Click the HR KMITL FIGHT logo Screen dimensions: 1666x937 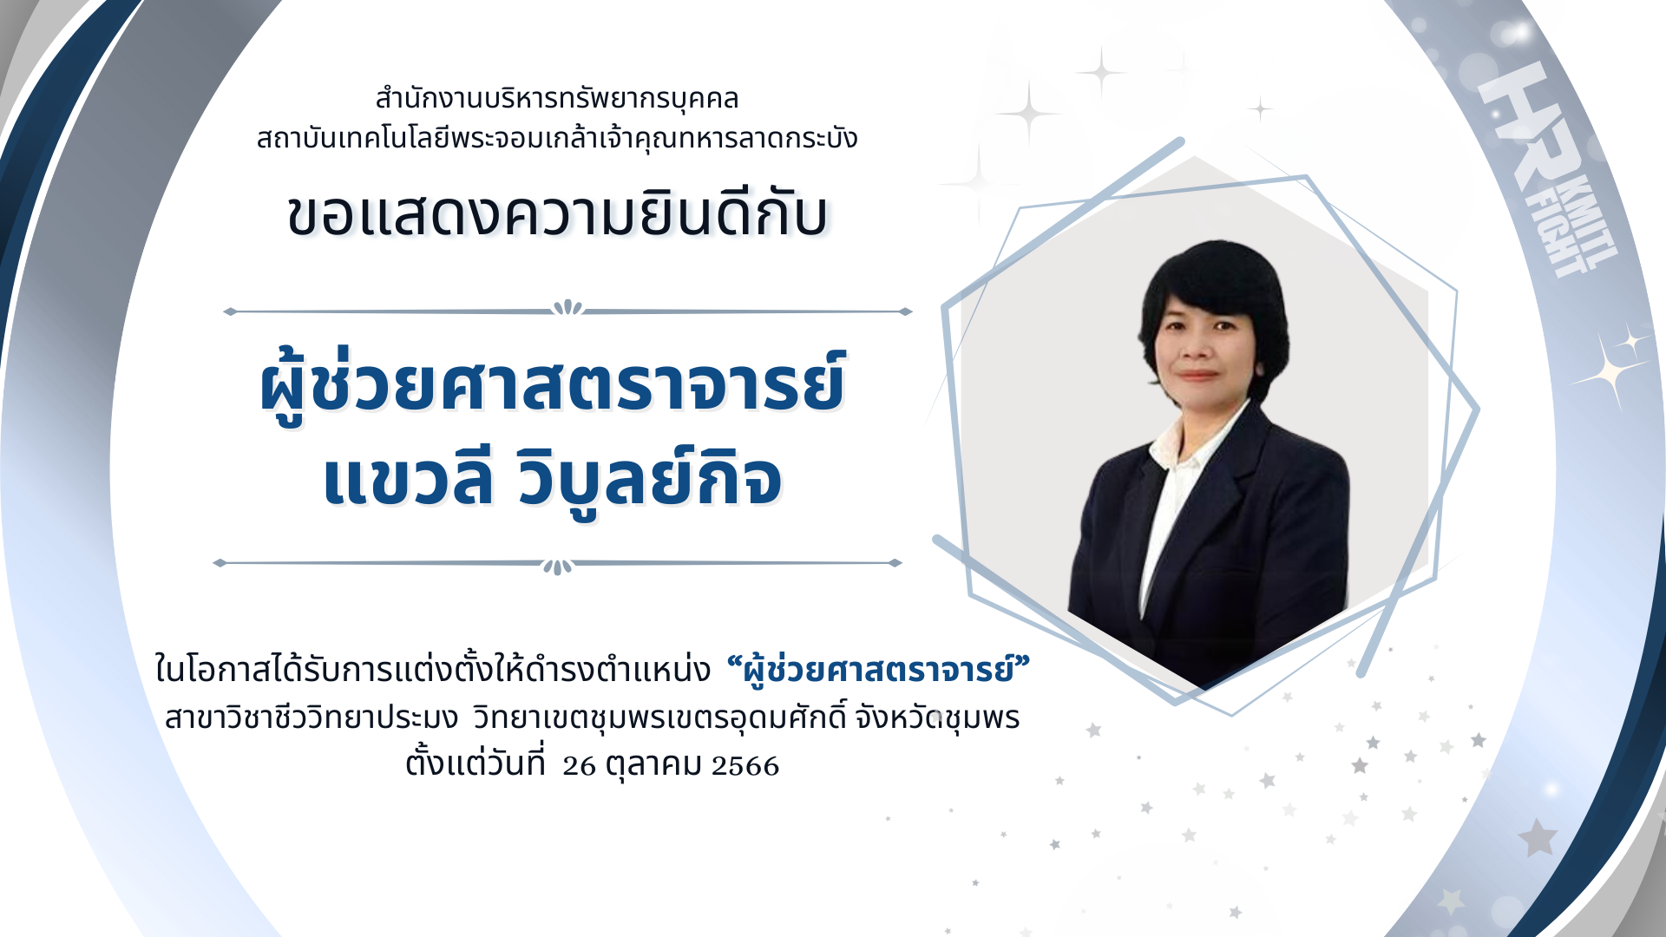point(1546,169)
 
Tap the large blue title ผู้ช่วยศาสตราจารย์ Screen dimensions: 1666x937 point(552,383)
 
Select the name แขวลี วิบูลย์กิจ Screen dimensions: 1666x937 point(552,479)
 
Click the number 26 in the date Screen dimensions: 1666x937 point(579,765)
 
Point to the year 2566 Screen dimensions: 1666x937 point(745,765)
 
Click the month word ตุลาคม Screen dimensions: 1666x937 point(653,764)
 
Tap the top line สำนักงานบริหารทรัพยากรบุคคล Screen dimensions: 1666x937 point(556,99)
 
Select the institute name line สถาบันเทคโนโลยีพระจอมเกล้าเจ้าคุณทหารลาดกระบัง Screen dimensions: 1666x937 point(556,138)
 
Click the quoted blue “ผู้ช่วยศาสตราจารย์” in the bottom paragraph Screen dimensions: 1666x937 point(878,670)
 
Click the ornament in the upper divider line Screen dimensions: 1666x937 point(567,308)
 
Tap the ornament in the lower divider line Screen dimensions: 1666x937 point(557,567)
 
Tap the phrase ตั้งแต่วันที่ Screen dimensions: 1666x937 point(476,763)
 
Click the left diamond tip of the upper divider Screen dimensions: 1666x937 point(225,311)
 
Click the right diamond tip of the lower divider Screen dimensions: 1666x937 point(900,563)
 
